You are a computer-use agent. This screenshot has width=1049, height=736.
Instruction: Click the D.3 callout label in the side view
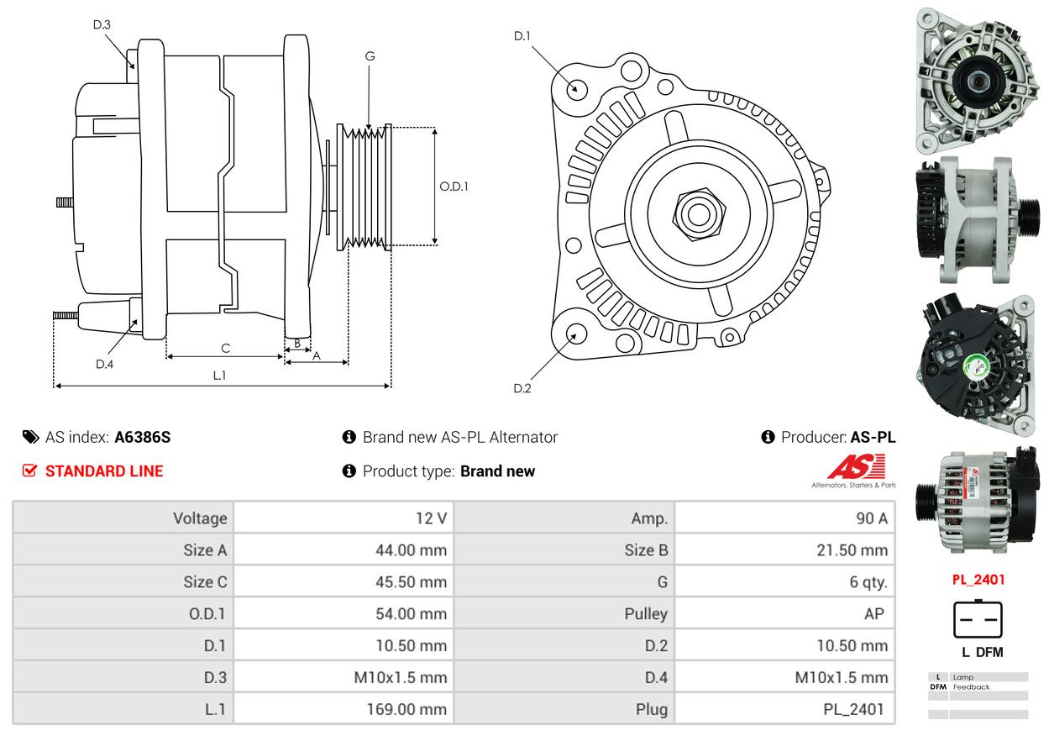[102, 24]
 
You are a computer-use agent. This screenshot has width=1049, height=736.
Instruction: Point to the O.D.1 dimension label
[454, 187]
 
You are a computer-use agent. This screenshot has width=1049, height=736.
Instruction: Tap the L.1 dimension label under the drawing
[219, 376]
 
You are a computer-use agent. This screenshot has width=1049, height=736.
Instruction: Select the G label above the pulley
[370, 56]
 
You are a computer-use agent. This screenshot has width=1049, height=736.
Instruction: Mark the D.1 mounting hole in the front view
[576, 88]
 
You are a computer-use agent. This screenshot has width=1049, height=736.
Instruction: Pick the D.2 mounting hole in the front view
[575, 334]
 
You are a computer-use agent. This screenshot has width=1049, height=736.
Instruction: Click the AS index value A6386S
[143, 437]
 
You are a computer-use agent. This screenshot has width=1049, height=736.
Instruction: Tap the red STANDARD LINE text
[104, 471]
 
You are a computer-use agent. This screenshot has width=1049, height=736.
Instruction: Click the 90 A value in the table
[871, 518]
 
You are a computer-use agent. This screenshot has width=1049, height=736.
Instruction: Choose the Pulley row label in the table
[646, 613]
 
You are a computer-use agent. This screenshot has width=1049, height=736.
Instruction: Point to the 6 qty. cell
[868, 581]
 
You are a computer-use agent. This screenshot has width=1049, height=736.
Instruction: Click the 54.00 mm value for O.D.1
[411, 613]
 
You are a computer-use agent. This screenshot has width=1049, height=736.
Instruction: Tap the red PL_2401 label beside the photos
[978, 579]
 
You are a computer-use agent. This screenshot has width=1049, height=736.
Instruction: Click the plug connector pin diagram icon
[978, 620]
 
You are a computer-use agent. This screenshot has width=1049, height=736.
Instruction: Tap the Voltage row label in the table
[200, 518]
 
